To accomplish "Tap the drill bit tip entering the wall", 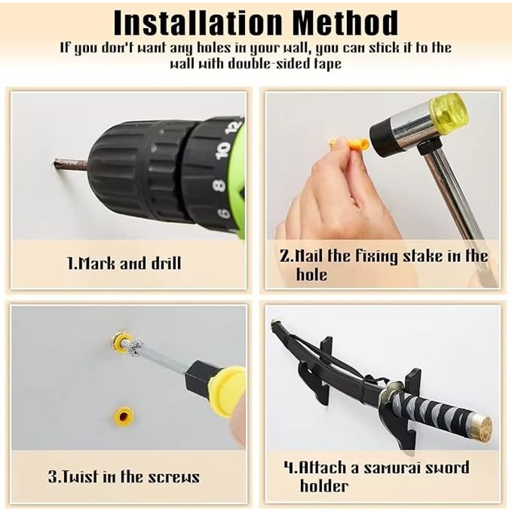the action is (x=54, y=163).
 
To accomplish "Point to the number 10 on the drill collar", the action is (x=223, y=150).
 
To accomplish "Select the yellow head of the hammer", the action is (x=449, y=110).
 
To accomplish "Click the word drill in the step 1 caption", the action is (x=166, y=263).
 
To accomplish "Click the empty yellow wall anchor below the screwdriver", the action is (x=123, y=417).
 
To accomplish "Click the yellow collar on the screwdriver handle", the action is (x=227, y=391).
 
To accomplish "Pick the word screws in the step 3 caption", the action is (x=174, y=477).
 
